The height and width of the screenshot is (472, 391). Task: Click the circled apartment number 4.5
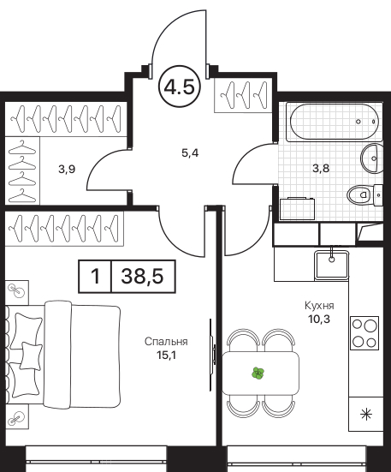pos(179,87)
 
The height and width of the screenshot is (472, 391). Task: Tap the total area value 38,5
pos(142,276)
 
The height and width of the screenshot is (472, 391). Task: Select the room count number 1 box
pos(95,276)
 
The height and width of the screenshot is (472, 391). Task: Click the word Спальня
pos(166,342)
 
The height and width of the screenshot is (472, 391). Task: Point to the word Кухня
pos(319,306)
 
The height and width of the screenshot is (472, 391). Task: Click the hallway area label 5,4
pos(190,153)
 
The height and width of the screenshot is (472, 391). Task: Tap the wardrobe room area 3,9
pos(67,170)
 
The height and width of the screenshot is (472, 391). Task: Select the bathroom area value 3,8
pos(321,168)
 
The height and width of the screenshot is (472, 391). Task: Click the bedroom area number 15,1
pos(166,355)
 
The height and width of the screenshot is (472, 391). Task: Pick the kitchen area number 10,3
pos(319,319)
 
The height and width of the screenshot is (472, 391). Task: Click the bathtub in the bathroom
pos(334,122)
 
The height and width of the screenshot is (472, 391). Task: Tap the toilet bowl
pos(361,194)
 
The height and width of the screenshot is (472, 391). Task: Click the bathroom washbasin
pos(371,158)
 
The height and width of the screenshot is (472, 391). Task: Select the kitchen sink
pos(331,265)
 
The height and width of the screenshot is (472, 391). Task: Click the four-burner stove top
pos(364,333)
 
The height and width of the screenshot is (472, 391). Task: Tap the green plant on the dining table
pos(258,373)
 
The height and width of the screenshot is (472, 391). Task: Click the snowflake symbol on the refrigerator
pos(366,415)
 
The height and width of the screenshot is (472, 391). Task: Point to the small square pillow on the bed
pos(31,355)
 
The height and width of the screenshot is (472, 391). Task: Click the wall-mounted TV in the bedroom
pos(212,355)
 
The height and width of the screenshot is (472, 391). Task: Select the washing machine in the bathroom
pos(297,209)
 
